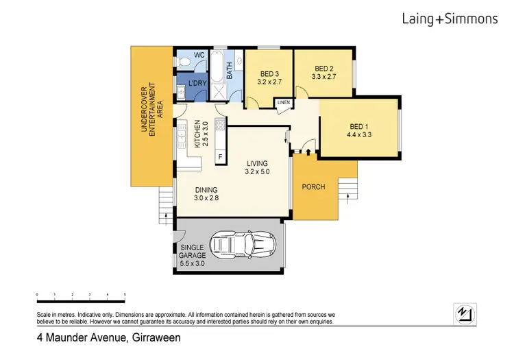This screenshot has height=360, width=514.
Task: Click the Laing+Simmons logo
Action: pos(450,19)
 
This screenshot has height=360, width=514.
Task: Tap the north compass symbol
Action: pos(465,315)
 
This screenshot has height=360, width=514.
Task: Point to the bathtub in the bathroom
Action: pos(217,67)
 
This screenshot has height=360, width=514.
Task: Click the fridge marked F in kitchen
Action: pos(220,157)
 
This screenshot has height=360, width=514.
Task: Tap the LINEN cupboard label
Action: pos(284,103)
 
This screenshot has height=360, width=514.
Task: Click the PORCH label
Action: pos(313,187)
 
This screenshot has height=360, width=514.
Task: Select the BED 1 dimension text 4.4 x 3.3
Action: pos(359,134)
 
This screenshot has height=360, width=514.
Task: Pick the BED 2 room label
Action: pos(324,69)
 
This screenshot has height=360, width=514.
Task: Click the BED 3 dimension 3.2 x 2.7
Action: pos(269,82)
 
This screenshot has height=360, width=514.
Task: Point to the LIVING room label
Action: pos(257,163)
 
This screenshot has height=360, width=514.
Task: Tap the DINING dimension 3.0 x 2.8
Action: pos(206,198)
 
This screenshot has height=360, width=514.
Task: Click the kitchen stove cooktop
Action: pos(220,124)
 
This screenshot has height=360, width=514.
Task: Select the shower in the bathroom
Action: pos(217,91)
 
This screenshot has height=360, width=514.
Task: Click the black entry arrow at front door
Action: pos(308,152)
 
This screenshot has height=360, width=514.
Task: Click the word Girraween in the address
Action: pos(156,337)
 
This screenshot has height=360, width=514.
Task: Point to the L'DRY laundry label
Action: pos(197,83)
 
